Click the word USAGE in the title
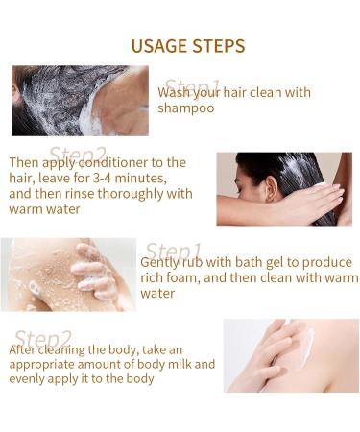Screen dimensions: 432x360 (x=153, y=46)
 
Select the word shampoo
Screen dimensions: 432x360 (x=186, y=108)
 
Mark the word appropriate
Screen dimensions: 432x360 (x=44, y=365)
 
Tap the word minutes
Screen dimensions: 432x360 (x=154, y=178)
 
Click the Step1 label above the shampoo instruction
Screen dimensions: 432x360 (x=191, y=87)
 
